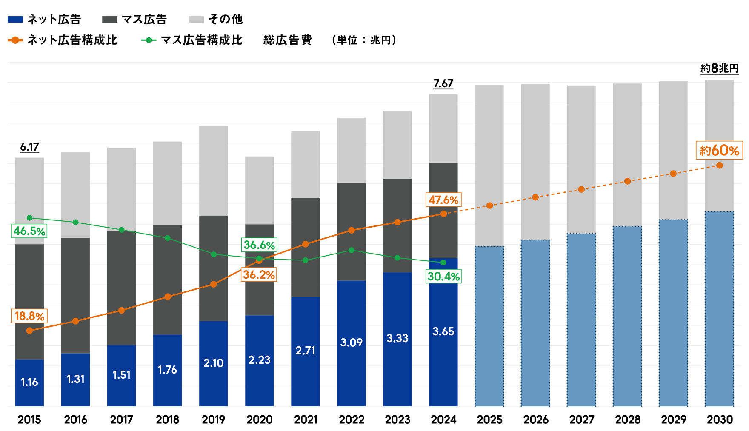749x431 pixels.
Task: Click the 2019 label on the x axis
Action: (213, 420)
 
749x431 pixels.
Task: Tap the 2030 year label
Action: (720, 420)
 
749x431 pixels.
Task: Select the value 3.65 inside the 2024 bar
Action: (443, 331)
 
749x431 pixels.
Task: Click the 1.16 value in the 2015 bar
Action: (29, 382)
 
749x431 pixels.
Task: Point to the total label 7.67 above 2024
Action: (443, 83)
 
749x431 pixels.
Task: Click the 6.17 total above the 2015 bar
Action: (29, 147)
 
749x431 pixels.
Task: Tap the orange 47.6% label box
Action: (443, 200)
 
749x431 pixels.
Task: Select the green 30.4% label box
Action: (443, 277)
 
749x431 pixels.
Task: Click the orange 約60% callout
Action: (719, 151)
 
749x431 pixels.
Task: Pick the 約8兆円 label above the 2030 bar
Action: (719, 69)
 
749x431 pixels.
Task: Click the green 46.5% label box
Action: (29, 231)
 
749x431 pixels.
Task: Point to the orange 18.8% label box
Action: (29, 316)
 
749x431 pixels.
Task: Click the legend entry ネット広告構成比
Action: (71, 40)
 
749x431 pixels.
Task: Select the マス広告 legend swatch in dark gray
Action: (110, 19)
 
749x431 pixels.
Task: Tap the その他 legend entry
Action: (225, 19)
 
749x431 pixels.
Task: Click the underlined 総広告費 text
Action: (288, 40)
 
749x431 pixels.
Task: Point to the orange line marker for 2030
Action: (719, 166)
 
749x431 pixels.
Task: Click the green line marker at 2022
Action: (351, 250)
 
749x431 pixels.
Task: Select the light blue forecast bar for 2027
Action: (581, 319)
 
